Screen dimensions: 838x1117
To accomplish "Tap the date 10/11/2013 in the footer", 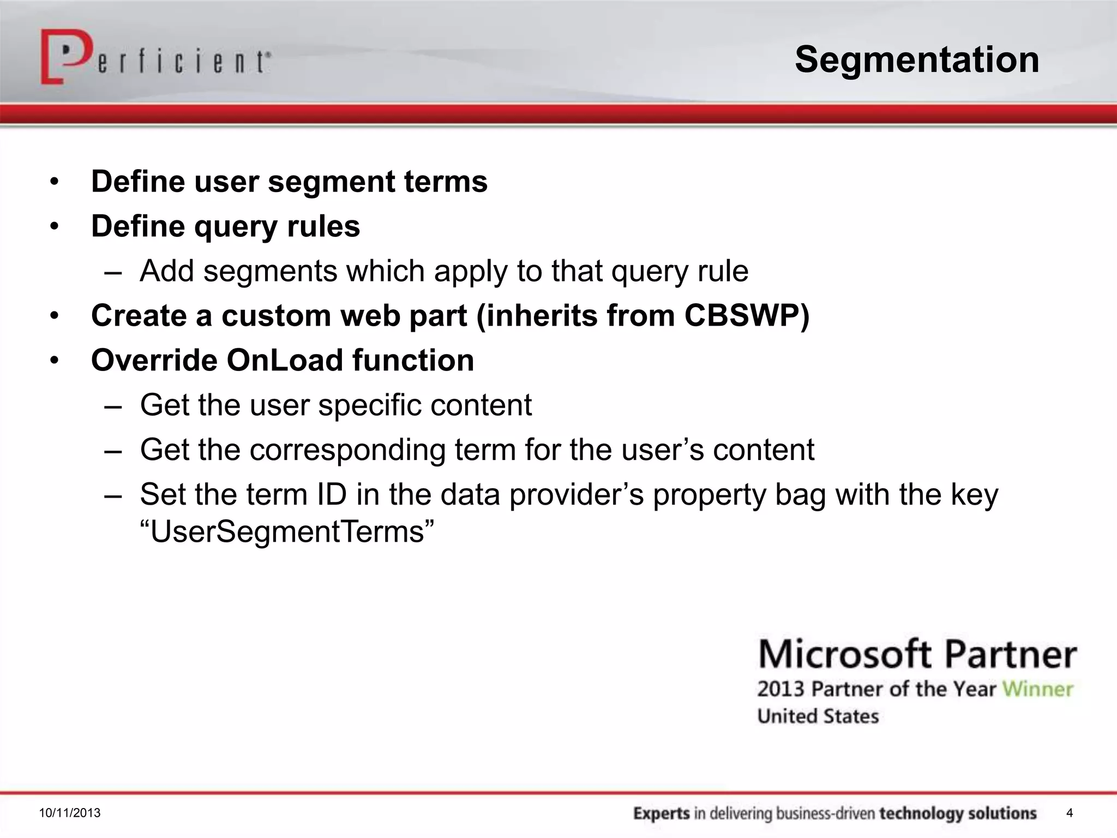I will (x=70, y=813).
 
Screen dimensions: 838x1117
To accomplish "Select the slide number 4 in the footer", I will (x=1070, y=813).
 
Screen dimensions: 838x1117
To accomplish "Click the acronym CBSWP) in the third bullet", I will (x=747, y=315).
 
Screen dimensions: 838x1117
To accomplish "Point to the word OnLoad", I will (x=285, y=360).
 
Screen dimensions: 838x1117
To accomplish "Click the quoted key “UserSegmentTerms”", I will (x=287, y=531).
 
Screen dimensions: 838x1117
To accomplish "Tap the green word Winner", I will (x=1037, y=689).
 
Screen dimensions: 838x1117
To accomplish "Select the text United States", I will (x=818, y=716).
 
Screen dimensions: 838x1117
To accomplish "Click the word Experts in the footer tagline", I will (x=662, y=813).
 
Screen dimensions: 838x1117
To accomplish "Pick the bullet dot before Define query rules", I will (x=54, y=226).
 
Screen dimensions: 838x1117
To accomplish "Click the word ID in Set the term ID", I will (x=331, y=494).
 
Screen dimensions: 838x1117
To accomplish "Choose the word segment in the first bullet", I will (x=331, y=181).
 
